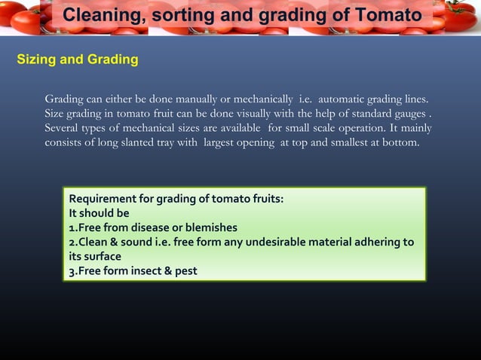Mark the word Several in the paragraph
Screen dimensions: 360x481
[x=63, y=128]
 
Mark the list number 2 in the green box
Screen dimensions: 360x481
[x=72, y=242]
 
